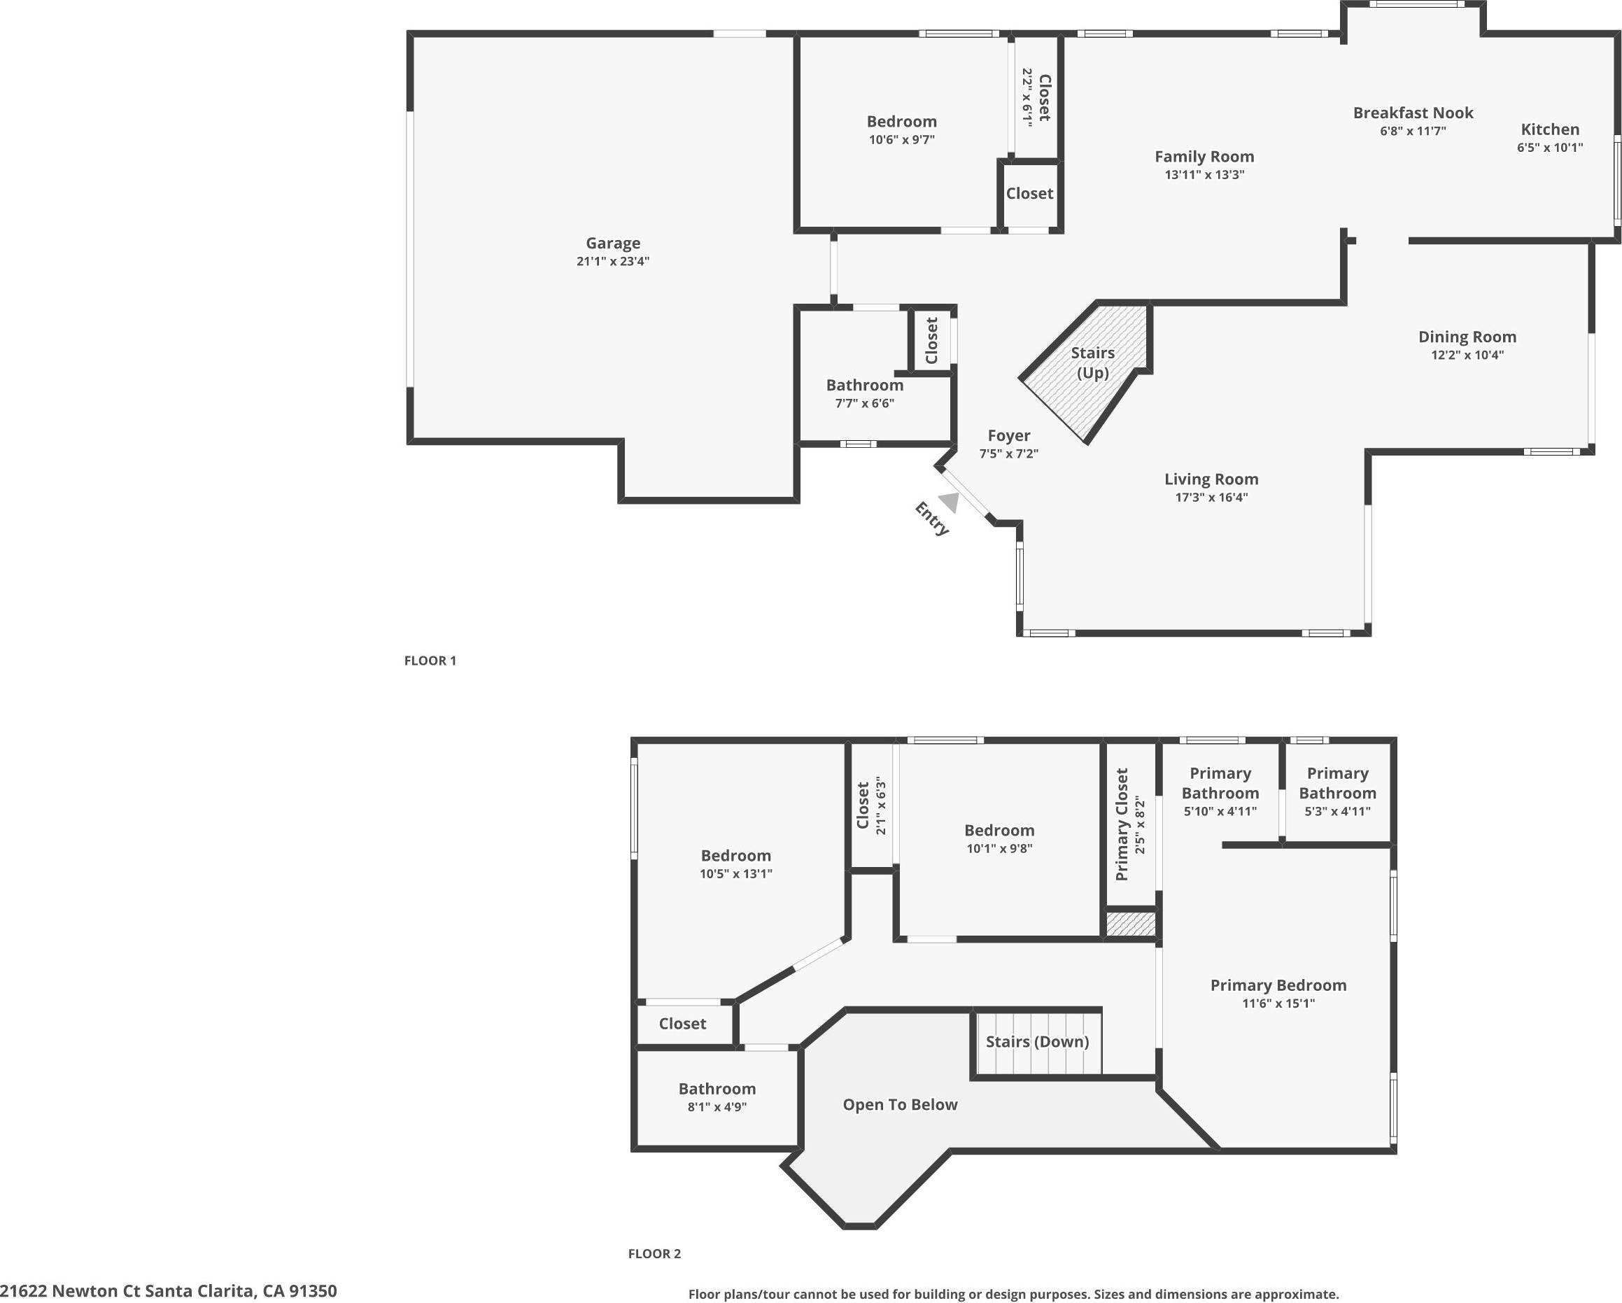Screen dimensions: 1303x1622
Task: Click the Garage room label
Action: [613, 243]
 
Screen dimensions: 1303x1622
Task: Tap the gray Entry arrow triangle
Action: [950, 502]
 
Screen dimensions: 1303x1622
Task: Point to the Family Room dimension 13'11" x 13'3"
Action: [1204, 174]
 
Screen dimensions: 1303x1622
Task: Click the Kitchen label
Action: [1550, 129]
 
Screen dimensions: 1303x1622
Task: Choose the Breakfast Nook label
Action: [1413, 113]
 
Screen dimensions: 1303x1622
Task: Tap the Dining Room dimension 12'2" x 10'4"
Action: [1467, 355]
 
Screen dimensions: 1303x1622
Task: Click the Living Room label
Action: [1211, 479]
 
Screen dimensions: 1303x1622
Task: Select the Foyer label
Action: [1009, 435]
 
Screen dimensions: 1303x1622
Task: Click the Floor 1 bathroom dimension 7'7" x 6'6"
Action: [864, 403]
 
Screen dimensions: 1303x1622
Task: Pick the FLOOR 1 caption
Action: [430, 661]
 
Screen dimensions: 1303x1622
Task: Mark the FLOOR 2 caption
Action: [654, 1253]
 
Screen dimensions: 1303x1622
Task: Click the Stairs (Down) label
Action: [1038, 1041]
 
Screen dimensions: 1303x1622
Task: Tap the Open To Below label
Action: [900, 1104]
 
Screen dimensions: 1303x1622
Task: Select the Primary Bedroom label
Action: [1278, 985]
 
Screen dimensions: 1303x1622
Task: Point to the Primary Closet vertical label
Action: [1122, 824]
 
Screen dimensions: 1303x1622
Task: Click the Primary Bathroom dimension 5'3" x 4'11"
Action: [1337, 811]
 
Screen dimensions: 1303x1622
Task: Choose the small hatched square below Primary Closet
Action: [1130, 924]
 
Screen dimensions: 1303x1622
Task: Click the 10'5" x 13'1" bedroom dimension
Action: [735, 873]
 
